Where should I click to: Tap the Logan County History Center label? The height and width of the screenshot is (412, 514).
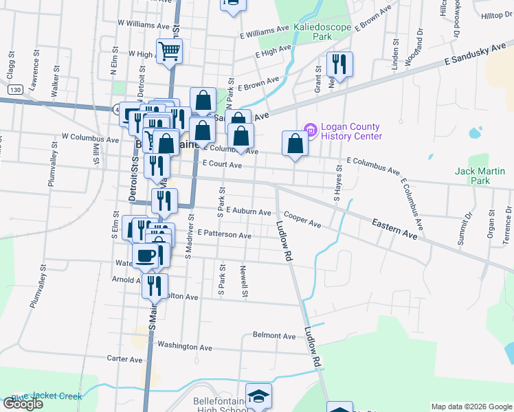coord(349,130)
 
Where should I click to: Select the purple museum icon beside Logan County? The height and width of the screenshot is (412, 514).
coord(309,129)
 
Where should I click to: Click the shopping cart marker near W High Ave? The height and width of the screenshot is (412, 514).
coord(169,50)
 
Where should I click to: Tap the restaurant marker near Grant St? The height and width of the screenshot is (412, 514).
coord(339,65)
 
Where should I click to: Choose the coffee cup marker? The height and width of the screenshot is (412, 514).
coord(145,256)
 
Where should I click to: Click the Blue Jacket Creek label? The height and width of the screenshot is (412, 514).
coord(46,396)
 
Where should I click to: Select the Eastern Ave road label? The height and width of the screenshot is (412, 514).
coord(395,229)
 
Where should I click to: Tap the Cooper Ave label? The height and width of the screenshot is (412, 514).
coord(302,220)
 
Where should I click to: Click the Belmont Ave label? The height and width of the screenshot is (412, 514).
coord(274,336)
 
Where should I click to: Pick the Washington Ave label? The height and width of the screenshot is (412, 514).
coord(185,347)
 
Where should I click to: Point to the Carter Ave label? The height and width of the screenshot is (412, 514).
coord(124,358)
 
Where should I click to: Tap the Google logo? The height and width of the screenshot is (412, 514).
coord(22,404)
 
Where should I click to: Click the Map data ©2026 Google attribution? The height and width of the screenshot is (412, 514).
coord(471,407)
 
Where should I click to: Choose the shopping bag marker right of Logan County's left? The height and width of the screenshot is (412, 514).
coord(295,144)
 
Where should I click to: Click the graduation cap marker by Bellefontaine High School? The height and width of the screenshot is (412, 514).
coord(258,396)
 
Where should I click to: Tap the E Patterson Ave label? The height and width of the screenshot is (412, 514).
coord(224,234)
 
